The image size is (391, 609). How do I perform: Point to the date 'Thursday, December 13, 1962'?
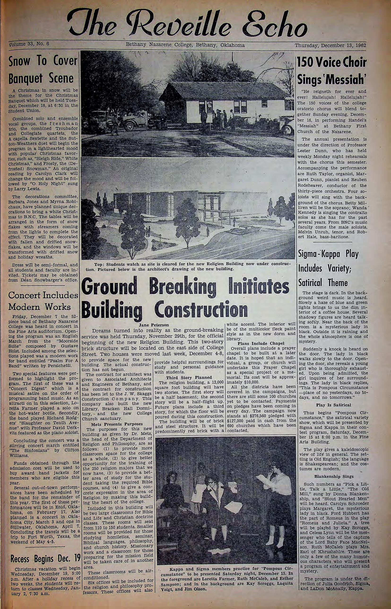coord(330,45)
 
